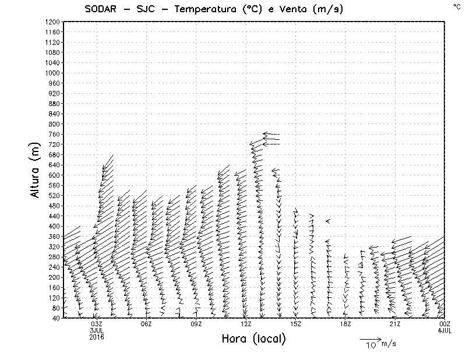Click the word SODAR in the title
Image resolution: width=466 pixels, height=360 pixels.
click(101, 9)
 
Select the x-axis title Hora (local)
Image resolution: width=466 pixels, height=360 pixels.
click(254, 339)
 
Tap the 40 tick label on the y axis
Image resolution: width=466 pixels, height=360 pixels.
click(56, 317)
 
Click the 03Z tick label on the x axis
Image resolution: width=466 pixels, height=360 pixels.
click(97, 324)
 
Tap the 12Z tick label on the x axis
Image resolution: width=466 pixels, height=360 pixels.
click(246, 324)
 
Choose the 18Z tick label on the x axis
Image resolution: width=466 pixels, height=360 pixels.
click(345, 324)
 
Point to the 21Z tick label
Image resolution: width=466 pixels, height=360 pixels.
click(395, 324)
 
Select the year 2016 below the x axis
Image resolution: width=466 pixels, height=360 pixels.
click(97, 337)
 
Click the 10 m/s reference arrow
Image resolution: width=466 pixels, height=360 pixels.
click(370, 338)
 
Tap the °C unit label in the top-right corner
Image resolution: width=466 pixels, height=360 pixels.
click(456, 6)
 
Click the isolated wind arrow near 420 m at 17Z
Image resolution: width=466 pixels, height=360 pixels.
click(328, 221)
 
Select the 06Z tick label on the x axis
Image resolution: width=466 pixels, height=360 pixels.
click(146, 324)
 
